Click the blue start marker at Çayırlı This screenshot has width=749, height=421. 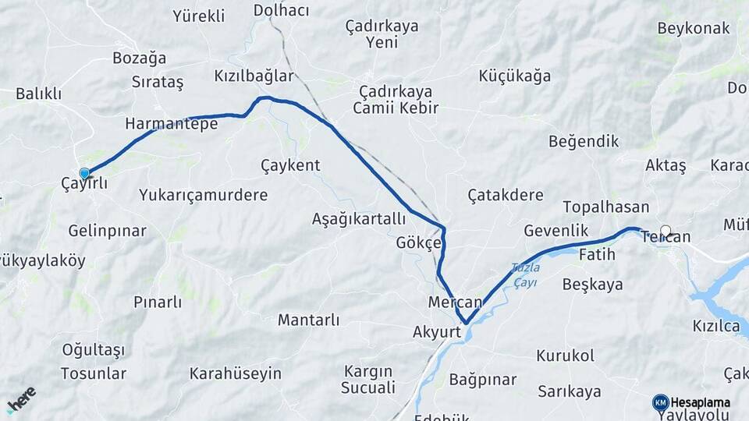pos(84,173)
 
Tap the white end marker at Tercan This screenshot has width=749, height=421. pos(666,231)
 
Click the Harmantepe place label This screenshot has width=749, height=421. pos(171,124)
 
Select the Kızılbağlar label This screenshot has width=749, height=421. pos(254,76)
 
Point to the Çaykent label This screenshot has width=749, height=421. pos(290,165)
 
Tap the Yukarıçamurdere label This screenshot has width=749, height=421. pos(204,195)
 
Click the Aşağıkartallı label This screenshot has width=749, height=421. pos(359,218)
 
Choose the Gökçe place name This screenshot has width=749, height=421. pos(419,242)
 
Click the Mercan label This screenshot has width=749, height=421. pos(456,302)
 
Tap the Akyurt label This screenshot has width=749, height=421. pos(438,332)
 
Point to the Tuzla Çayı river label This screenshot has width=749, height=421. pos(525,274)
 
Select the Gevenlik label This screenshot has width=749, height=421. pos(556,231)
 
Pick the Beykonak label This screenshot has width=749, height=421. pos(694,29)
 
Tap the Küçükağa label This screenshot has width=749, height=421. pos(515,76)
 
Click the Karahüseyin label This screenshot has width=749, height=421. pos(235,373)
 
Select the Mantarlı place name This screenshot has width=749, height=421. pos(309,320)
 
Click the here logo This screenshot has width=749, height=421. pos(21,399)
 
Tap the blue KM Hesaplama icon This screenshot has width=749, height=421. pos(660,402)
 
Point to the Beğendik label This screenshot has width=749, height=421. pos(584,142)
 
